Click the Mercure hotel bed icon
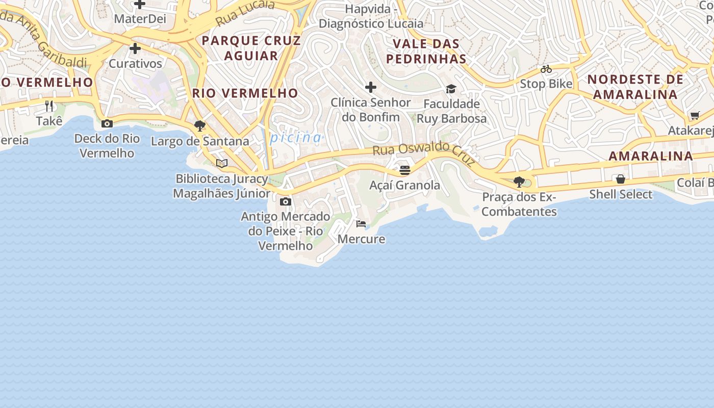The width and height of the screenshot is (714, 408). [x=361, y=224]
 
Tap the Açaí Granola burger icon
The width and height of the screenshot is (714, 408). [x=405, y=170]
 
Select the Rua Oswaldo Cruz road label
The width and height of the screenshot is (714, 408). [x=423, y=152]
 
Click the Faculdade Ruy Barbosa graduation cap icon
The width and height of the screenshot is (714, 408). [x=451, y=89]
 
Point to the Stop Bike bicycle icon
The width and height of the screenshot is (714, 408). [x=546, y=69]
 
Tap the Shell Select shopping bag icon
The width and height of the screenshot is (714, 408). [x=621, y=179]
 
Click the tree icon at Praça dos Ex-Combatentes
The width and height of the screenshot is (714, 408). [x=519, y=182]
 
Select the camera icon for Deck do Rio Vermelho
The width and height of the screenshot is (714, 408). [x=107, y=123]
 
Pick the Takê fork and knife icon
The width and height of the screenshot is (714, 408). [x=49, y=106]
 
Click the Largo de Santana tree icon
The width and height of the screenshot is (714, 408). [x=200, y=126]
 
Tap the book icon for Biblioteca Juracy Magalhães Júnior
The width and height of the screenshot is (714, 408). [x=221, y=163]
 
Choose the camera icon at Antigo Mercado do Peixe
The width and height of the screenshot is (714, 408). [x=286, y=201]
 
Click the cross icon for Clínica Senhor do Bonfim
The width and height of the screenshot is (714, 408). [x=371, y=87]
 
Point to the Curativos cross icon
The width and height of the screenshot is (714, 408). [x=135, y=49]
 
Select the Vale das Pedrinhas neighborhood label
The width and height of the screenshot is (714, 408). [x=426, y=51]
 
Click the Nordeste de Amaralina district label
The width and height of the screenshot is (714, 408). [x=635, y=87]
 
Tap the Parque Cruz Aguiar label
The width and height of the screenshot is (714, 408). [x=251, y=48]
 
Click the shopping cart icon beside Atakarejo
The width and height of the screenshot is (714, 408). [x=695, y=115]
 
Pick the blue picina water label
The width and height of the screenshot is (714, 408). [x=296, y=138]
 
